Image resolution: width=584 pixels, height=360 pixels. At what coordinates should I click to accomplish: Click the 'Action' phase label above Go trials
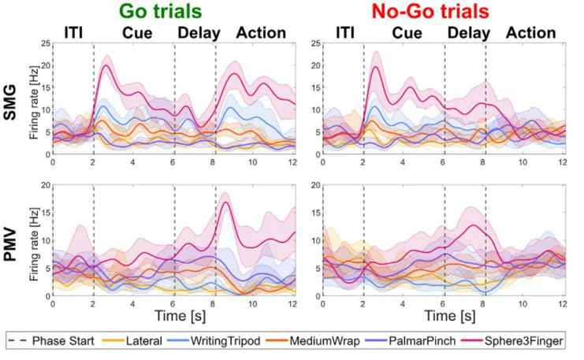click(261, 33)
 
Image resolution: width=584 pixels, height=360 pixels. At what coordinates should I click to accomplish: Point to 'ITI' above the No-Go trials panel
click(346, 33)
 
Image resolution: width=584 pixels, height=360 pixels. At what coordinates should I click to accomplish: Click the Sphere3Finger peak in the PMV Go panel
click(226, 202)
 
